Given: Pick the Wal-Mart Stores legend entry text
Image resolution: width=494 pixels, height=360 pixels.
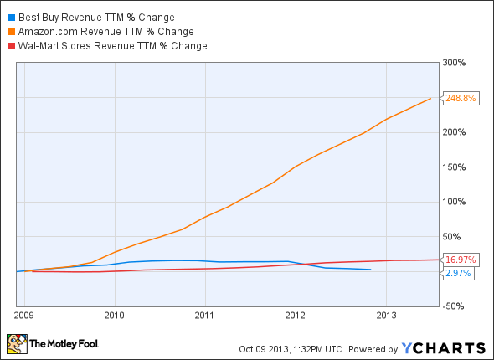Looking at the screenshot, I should tap(110, 45).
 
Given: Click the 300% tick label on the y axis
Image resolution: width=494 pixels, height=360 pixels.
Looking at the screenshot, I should tap(454, 63).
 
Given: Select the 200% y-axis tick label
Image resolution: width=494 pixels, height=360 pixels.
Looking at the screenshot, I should tap(454, 132).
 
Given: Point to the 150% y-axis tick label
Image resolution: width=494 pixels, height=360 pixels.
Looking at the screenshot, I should tap(454, 167).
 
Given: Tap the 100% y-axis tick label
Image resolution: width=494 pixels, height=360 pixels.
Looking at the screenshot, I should tap(454, 202).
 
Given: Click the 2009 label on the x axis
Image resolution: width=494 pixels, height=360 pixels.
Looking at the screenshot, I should tap(24, 316).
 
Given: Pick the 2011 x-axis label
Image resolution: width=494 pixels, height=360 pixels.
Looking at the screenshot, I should tap(204, 316).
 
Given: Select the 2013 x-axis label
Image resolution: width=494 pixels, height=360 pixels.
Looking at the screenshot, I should tap(386, 316).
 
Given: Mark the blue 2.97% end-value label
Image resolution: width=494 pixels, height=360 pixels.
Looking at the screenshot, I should tap(457, 274).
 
